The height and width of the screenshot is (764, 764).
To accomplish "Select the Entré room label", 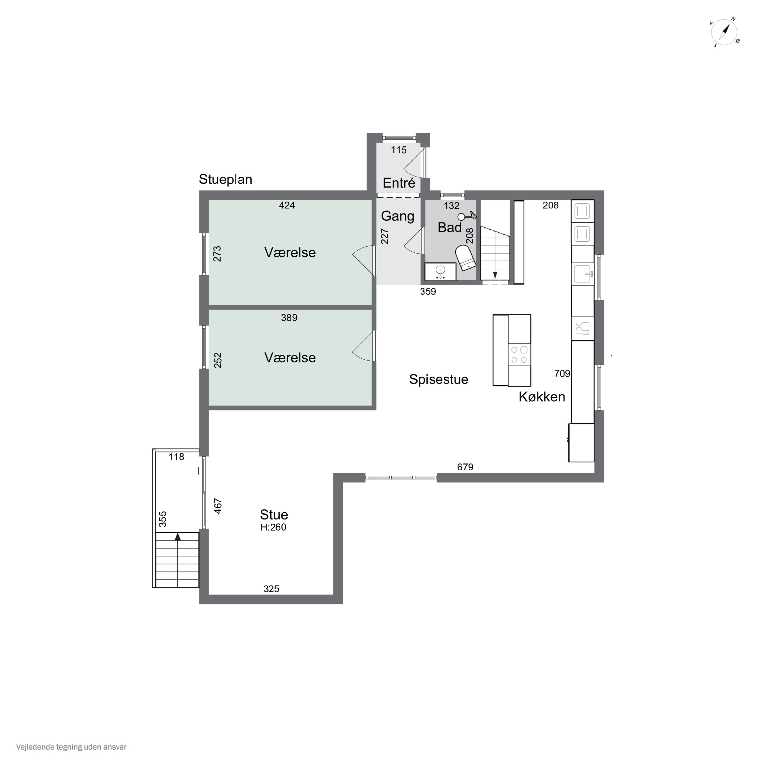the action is tap(399, 183).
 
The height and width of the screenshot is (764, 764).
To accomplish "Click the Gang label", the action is tap(398, 216).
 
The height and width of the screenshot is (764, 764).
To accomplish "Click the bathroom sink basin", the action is tap(440, 271).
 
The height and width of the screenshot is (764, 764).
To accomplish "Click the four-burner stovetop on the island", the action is tap(519, 354).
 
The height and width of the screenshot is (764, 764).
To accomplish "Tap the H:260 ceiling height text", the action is tap(273, 527).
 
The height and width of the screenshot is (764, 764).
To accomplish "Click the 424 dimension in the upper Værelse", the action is tap(287, 205).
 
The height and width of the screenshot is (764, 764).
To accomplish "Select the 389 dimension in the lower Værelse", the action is tap(289, 318).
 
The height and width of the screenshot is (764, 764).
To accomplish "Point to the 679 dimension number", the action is tap(465, 467).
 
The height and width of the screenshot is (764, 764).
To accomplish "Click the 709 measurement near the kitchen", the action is tap(562, 374).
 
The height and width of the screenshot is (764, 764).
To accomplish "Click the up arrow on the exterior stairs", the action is tap(178, 537).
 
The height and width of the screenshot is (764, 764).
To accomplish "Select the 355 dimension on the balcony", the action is tap(162, 519).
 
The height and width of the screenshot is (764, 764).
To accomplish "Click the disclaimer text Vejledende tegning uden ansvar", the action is tap(71, 747).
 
